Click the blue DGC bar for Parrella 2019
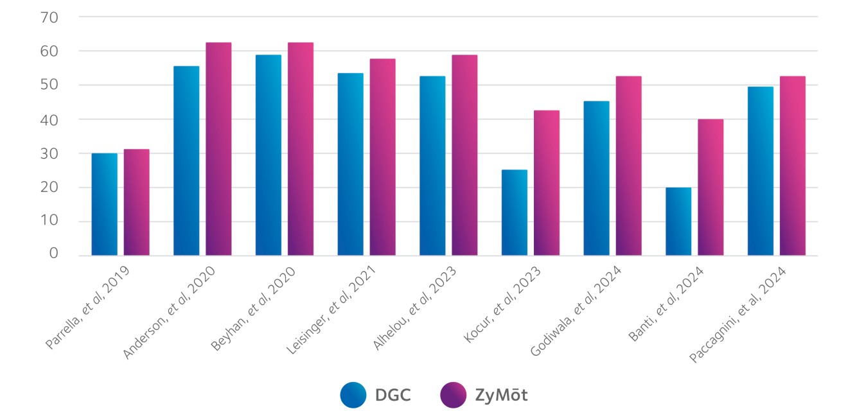tap(105, 204)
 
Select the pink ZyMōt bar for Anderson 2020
tap(218, 149)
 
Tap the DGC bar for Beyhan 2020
tap(269, 155)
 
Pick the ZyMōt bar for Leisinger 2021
tap(383, 157)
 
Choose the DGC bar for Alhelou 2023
tap(432, 166)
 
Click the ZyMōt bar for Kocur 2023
tap(547, 183)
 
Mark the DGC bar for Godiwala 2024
tap(597, 178)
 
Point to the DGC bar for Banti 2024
tap(678, 222)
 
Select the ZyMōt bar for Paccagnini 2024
tap(793, 166)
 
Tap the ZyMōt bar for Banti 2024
tap(711, 187)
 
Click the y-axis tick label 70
tap(49, 17)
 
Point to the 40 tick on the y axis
tap(49, 119)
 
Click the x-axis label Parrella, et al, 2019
tap(88, 308)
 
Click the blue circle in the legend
tap(353, 395)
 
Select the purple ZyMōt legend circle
tap(453, 395)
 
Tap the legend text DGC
tap(393, 395)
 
